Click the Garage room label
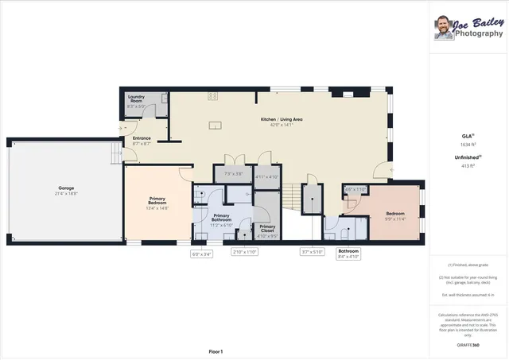click(66, 190)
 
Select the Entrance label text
click(142, 140)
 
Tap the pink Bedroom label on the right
click(395, 214)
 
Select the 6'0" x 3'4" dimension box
click(201, 254)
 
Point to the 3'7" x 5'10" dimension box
click(312, 252)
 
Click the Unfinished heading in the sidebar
click(465, 157)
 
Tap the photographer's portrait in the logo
click(444, 29)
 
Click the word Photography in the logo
click(479, 33)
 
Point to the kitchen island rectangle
click(213, 124)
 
